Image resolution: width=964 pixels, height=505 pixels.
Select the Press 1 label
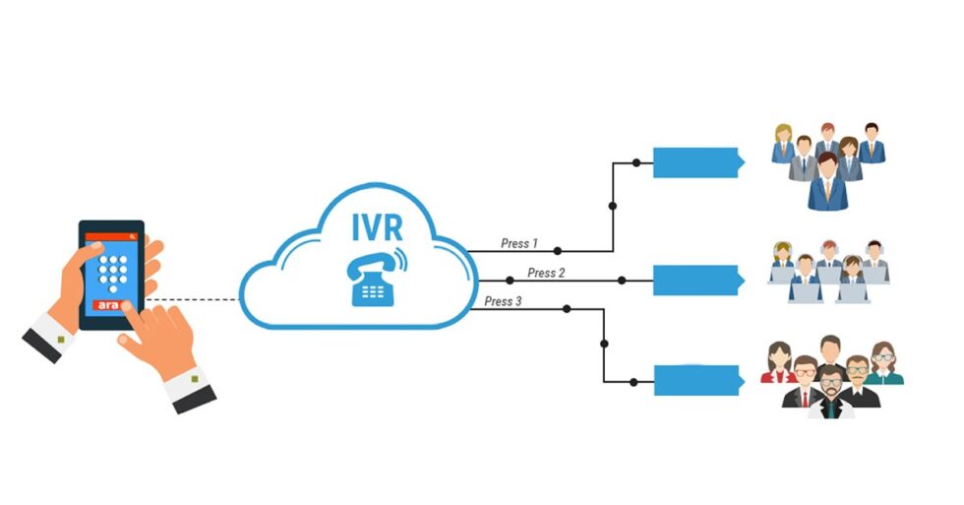click(519, 243)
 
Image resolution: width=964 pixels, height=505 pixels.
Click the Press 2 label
click(546, 273)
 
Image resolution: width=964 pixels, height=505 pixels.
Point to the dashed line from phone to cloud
click(192, 299)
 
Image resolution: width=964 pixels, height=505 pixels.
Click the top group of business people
click(827, 165)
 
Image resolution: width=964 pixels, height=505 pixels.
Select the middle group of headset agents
click(828, 270)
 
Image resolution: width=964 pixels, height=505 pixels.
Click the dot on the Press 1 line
click(558, 251)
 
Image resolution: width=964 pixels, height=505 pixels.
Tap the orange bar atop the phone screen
click(111, 237)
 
